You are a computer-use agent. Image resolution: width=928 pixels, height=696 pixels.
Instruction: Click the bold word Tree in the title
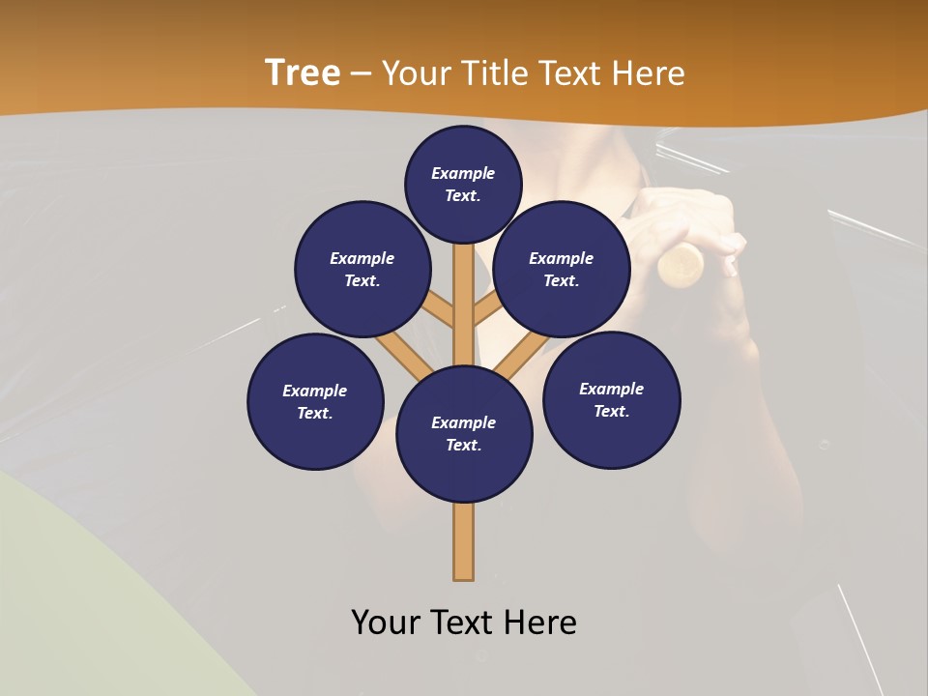click(303, 73)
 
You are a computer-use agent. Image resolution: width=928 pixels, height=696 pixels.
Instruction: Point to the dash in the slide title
click(362, 74)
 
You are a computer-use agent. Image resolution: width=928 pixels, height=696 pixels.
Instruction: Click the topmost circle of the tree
click(463, 184)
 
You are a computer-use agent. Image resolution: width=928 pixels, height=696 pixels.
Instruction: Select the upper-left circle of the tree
click(362, 269)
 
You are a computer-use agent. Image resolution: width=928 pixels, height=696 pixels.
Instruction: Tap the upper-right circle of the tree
click(562, 269)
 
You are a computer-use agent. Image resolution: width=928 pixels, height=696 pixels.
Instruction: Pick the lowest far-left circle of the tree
click(315, 401)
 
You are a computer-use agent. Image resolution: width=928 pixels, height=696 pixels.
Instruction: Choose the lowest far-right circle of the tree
click(612, 399)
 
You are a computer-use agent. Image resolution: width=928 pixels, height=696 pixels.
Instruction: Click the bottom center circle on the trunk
click(464, 433)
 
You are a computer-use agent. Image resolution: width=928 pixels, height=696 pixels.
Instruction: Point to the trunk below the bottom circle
click(464, 541)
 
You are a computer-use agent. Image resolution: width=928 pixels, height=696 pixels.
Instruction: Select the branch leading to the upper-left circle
click(436, 309)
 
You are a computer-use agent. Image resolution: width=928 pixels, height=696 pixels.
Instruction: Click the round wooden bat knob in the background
click(682, 264)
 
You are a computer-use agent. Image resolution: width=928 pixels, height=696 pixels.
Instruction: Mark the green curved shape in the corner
click(77, 599)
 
